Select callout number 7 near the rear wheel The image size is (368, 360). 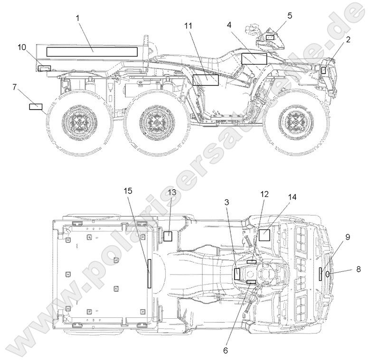tap(15, 87)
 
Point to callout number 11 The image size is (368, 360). tap(189, 26)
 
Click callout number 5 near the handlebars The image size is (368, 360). tap(290, 16)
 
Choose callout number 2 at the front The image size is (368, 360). tap(348, 40)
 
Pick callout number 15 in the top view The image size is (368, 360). tap(128, 191)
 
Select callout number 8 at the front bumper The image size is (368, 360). tap(359, 269)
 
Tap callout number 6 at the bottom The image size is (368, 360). tap(226, 351)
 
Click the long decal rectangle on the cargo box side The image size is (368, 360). tap(92, 52)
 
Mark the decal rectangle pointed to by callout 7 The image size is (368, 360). tap(36, 106)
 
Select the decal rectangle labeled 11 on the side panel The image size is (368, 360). tap(206, 80)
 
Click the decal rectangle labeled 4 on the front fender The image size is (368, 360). tap(255, 59)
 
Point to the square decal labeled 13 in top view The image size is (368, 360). tap(168, 236)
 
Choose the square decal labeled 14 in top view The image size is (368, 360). tap(264, 235)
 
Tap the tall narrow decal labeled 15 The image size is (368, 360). tap(149, 274)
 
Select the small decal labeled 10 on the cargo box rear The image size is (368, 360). tap(44, 69)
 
